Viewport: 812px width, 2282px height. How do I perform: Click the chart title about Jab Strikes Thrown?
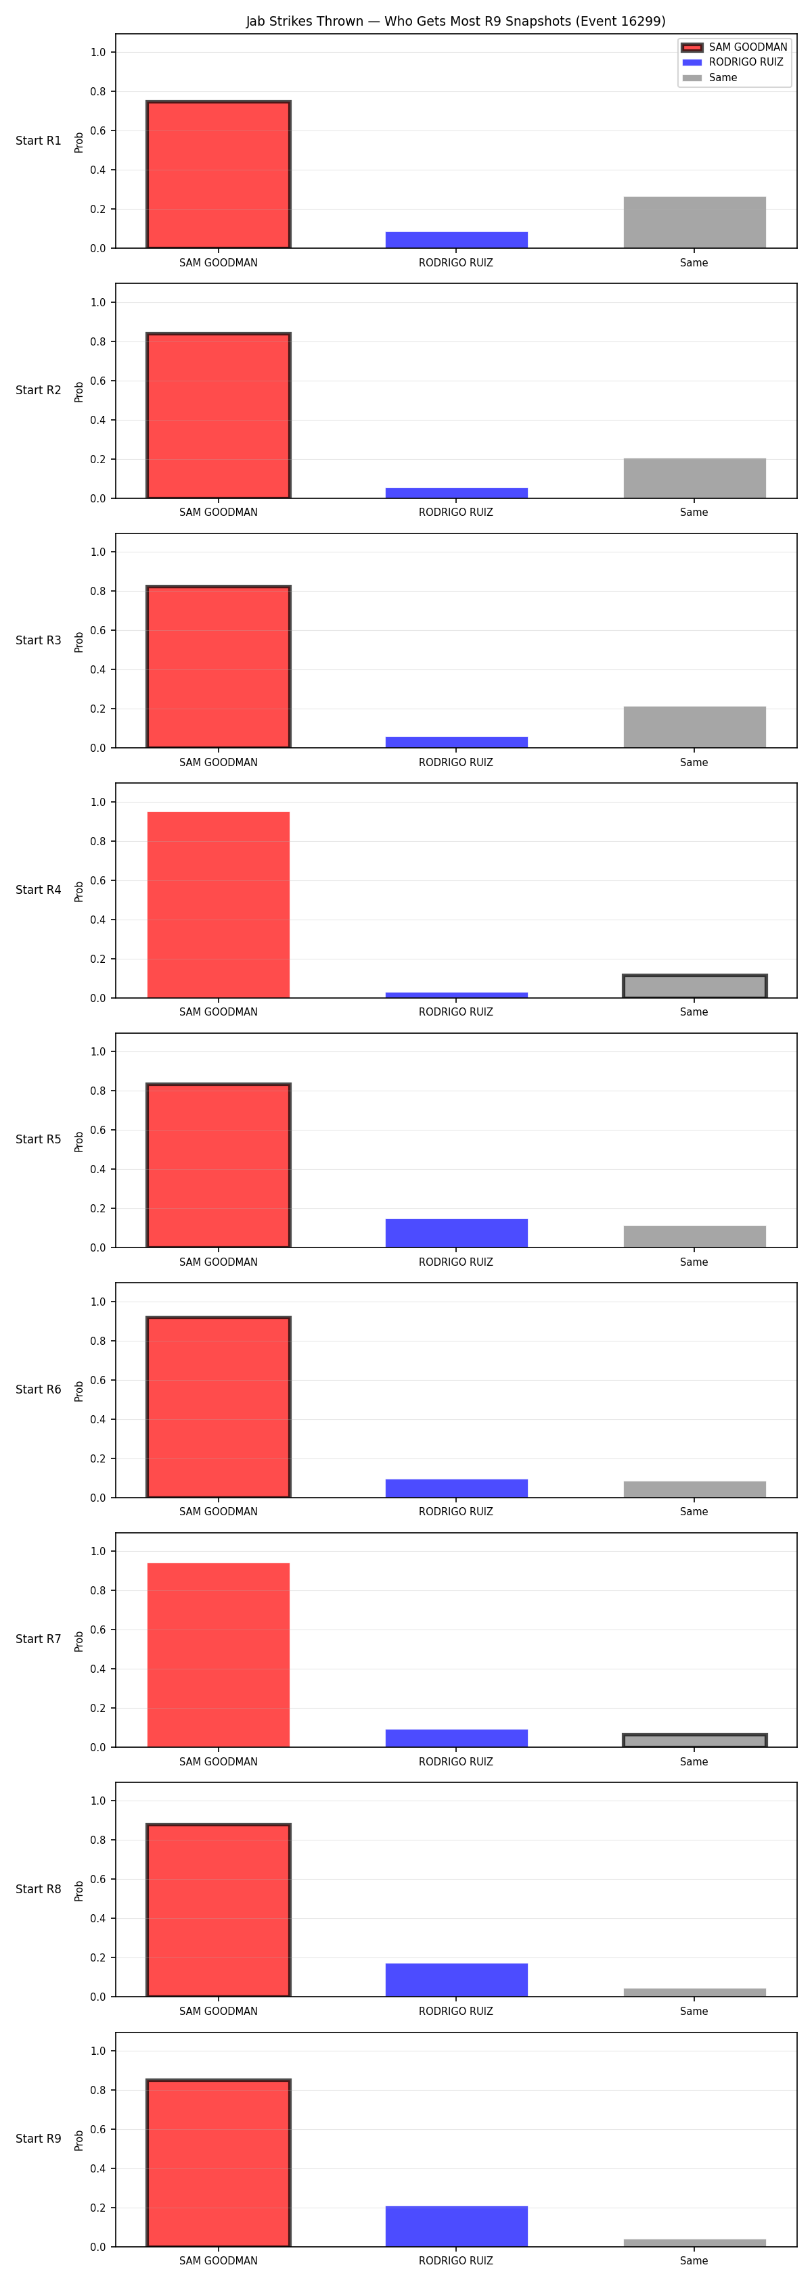tap(455, 21)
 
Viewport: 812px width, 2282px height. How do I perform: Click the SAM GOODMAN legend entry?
tap(734, 47)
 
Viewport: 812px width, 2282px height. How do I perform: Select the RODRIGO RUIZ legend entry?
tap(732, 62)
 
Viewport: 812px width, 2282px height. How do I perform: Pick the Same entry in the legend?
tap(709, 78)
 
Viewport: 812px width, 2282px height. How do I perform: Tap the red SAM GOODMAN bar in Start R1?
tap(218, 174)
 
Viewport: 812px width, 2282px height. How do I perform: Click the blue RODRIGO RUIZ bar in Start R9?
tap(457, 2226)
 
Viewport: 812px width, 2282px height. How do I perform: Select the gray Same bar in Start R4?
tap(694, 986)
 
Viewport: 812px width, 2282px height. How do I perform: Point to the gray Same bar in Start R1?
tap(694, 222)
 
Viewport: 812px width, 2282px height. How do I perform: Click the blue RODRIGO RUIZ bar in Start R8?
tap(457, 1980)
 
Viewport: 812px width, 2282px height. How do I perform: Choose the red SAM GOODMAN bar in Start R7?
tap(218, 1655)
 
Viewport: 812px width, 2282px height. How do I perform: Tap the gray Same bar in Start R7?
tap(694, 1740)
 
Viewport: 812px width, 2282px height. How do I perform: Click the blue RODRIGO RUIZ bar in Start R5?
tap(457, 1233)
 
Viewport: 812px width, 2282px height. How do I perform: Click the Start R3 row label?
tap(38, 640)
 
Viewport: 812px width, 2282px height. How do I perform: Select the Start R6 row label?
tap(38, 1389)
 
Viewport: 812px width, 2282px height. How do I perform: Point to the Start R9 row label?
tap(38, 2139)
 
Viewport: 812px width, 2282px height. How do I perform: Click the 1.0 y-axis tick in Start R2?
tap(97, 302)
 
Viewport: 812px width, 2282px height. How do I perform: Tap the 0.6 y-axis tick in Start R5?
tap(97, 1131)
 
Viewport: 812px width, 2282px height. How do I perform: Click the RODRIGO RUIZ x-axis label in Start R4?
tap(455, 1012)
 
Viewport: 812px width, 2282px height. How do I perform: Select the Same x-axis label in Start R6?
tap(694, 1511)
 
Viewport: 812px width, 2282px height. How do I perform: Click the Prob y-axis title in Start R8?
tap(79, 1891)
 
